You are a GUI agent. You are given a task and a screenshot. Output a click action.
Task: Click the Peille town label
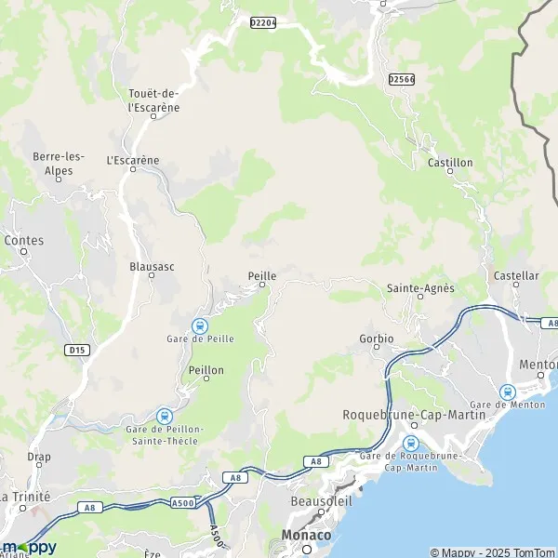point(262,275)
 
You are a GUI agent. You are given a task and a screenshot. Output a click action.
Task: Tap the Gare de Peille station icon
point(199,325)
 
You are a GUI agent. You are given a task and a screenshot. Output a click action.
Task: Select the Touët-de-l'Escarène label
point(153,100)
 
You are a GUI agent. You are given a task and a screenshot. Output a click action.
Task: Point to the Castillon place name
point(450,163)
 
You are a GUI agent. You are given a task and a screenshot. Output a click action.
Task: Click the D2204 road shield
point(264,21)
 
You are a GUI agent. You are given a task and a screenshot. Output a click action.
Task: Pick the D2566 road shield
point(402,80)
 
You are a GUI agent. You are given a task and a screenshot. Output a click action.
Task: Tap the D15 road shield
point(77,350)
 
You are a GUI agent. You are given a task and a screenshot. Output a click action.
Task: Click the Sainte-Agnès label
point(420,288)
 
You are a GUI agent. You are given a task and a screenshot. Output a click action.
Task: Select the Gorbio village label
point(377,338)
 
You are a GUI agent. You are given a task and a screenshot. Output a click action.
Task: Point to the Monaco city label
point(306,536)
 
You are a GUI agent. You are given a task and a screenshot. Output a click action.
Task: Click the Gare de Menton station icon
point(508,392)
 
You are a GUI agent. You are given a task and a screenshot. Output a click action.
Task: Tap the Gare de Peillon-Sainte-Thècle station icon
point(165,415)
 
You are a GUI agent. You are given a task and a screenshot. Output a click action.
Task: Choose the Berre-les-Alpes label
point(59,164)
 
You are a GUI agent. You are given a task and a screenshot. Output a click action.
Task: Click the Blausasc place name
point(153,266)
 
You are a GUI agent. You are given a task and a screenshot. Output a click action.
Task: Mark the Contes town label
point(24,240)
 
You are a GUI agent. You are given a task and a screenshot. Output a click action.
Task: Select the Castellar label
point(516,276)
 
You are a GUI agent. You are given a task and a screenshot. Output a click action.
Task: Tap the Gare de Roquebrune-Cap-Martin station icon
point(411,442)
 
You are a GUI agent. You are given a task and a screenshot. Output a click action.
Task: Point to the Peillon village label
point(206,370)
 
